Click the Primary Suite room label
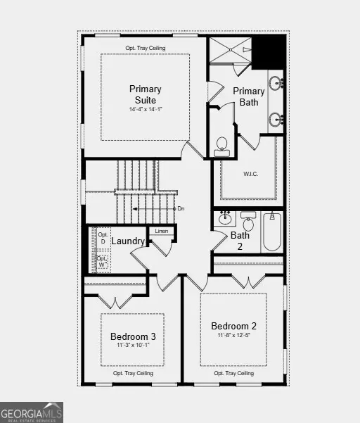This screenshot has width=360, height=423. click(x=145, y=94)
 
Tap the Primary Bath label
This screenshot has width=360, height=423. click(x=248, y=96)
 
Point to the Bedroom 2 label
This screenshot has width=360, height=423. click(x=233, y=326)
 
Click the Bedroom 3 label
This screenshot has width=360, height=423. click(x=133, y=337)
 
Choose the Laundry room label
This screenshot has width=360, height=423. click(x=128, y=241)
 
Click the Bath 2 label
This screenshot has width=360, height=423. click(x=240, y=241)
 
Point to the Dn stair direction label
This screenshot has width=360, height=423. click(x=181, y=209)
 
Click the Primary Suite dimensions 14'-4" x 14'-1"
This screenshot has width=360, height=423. click(x=145, y=110)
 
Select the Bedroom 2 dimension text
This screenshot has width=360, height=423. click(x=233, y=336)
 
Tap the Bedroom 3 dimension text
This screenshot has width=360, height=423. click(x=133, y=346)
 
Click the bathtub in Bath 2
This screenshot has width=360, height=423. click(x=272, y=232)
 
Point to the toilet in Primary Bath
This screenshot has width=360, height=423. click(x=222, y=145)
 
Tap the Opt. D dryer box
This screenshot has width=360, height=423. click(x=103, y=238)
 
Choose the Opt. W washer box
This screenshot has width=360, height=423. click(x=103, y=261)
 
